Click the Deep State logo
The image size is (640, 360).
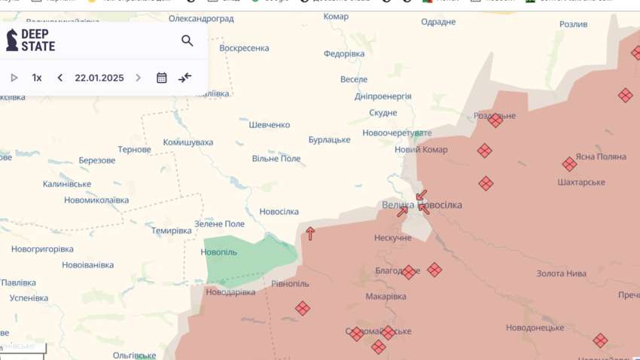[31, 40]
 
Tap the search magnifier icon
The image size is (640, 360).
[187, 41]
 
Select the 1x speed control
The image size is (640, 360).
[37, 78]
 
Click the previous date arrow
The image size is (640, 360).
[60, 78]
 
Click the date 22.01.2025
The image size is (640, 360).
[99, 78]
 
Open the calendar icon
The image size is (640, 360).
[162, 78]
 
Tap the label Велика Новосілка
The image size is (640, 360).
[422, 205]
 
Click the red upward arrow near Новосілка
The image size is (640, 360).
[309, 233]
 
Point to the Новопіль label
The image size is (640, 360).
[219, 252]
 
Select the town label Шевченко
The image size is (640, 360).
[270, 125]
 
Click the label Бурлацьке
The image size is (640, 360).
[329, 140]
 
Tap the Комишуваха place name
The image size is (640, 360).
[188, 142]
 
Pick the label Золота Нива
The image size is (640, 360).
[561, 273]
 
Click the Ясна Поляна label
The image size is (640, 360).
[601, 157]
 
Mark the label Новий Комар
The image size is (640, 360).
[421, 149]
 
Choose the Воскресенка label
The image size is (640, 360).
[244, 48]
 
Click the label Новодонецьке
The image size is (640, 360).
[535, 328]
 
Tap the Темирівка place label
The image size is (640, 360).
[172, 230]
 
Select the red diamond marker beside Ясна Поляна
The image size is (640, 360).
[569, 164]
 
